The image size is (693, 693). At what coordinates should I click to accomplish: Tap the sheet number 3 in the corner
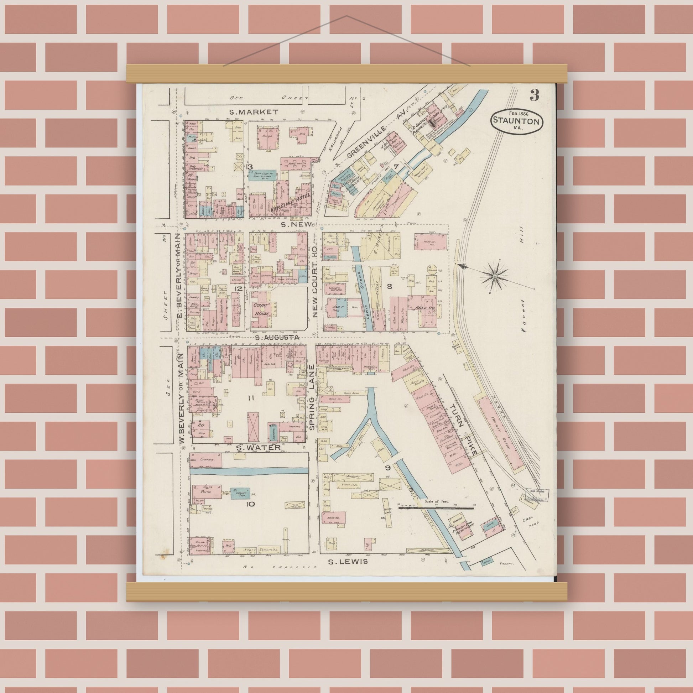click(534, 95)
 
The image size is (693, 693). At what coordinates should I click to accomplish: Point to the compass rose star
click(494, 276)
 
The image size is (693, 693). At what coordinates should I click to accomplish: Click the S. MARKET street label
click(254, 112)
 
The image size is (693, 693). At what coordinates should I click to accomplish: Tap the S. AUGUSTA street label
click(277, 338)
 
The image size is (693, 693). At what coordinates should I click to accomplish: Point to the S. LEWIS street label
click(348, 561)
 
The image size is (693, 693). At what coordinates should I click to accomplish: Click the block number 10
click(250, 504)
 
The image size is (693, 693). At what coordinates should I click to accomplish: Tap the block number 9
click(387, 468)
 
